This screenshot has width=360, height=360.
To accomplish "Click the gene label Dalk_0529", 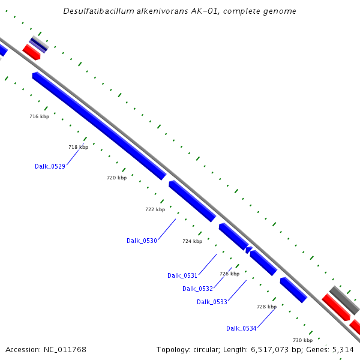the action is [50, 166].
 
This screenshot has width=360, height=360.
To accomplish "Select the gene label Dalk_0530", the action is [142, 241].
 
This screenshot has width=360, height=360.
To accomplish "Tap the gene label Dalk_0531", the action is [182, 275].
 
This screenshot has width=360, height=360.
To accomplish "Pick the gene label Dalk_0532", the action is [197, 289].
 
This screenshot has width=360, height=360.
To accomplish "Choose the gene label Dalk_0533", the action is [212, 302].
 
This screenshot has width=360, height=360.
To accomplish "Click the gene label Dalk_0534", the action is [241, 328].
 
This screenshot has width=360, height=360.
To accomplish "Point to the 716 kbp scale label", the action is [39, 116].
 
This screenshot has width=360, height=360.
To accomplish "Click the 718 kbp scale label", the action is [78, 147].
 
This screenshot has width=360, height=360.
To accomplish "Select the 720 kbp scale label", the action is [116, 178].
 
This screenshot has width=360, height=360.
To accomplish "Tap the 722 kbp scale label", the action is [155, 209].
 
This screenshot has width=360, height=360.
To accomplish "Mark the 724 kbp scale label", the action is [192, 241].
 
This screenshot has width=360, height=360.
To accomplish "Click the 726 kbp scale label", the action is [229, 274].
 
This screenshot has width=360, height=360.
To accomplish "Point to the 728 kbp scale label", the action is [266, 307].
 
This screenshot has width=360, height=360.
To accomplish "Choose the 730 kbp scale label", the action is [303, 340].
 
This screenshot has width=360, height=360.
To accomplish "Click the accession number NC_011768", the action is [65, 349].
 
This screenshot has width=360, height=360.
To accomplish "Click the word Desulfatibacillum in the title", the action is [94, 11].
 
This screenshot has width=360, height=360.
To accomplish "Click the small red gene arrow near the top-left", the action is [31, 52].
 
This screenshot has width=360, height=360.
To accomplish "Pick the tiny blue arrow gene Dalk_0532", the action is [248, 249].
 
